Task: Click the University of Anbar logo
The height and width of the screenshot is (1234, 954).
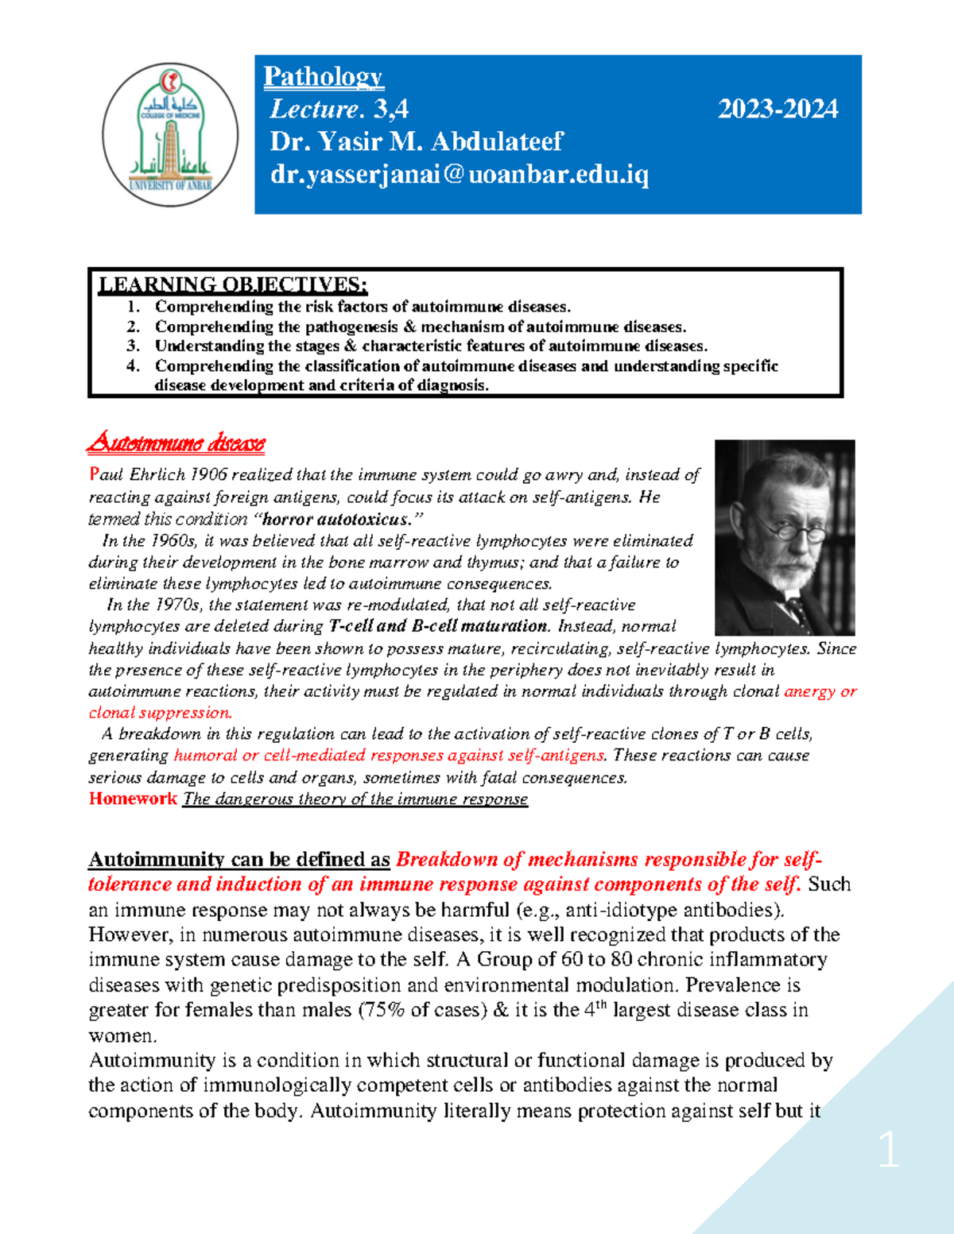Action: [170, 135]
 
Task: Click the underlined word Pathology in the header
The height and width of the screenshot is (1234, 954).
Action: [324, 77]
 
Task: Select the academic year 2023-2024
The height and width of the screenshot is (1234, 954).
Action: [778, 109]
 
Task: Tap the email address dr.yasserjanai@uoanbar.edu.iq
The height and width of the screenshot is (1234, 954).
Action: [459, 174]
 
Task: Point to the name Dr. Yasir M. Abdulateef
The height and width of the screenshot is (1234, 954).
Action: [416, 141]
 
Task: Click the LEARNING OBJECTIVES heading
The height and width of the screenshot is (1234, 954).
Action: [232, 284]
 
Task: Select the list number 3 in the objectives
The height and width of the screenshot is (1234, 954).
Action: [133, 346]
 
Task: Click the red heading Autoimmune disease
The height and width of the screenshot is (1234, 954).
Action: [176, 443]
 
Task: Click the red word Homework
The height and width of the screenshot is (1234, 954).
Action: [133, 799]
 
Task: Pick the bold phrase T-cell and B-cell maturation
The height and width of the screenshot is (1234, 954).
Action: [438, 626]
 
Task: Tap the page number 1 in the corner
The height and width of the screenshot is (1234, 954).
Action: [888, 1150]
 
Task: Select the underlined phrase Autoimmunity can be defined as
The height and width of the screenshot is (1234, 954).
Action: [238, 860]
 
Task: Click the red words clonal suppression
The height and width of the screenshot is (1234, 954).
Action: [160, 713]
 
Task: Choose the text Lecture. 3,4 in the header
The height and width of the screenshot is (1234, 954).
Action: [339, 109]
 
